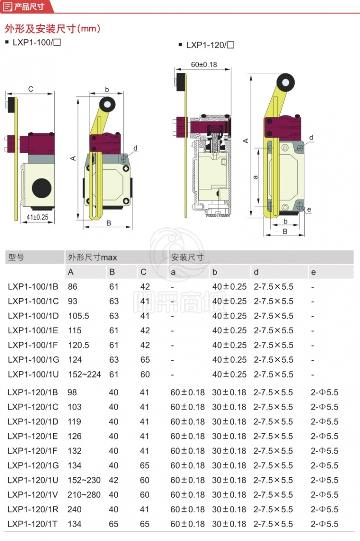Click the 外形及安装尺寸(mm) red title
53,28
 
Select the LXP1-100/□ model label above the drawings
36,43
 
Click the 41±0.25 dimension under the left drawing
37,217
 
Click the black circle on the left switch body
43,186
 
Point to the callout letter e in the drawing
309,210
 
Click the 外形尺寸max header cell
92,258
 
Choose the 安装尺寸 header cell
187,258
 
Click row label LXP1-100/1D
33,316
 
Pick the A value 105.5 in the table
78,316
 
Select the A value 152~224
84,375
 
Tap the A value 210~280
84,495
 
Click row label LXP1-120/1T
33,524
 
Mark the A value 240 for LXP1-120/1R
74,509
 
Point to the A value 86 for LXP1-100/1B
72,287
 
